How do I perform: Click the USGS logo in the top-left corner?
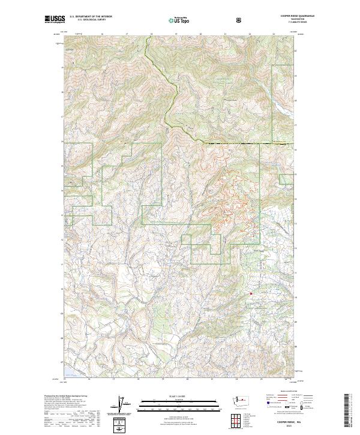pos(55,19)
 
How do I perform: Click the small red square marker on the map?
pos(250,293)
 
